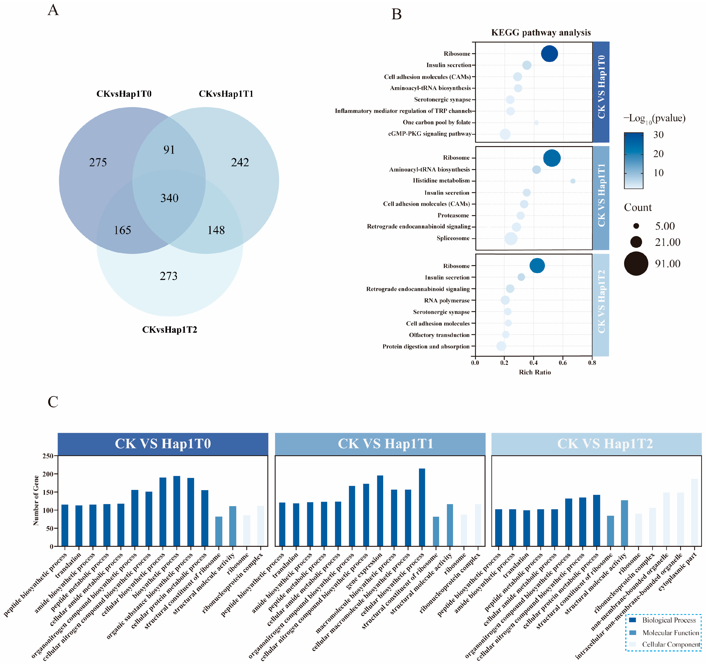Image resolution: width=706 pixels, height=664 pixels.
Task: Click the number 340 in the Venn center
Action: (169, 198)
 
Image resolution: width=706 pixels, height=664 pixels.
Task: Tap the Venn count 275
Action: (98, 163)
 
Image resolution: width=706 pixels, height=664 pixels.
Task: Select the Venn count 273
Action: (168, 276)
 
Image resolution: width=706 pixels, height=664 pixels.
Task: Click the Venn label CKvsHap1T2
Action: (169, 330)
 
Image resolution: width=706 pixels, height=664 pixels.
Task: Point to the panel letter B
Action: (396, 14)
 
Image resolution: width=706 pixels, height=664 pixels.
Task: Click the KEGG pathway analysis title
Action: (541, 33)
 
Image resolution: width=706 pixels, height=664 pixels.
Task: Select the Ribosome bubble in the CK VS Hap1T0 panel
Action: (549, 54)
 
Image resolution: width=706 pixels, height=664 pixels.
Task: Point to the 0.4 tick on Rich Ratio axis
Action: (533, 363)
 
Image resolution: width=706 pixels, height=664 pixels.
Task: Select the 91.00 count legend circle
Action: (636, 264)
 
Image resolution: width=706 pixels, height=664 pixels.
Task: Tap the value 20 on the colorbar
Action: (659, 154)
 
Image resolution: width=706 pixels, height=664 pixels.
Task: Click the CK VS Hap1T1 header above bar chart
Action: (380, 444)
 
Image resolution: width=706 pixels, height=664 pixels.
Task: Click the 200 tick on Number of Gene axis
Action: (48, 474)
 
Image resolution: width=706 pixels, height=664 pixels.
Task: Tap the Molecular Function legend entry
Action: (670, 633)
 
